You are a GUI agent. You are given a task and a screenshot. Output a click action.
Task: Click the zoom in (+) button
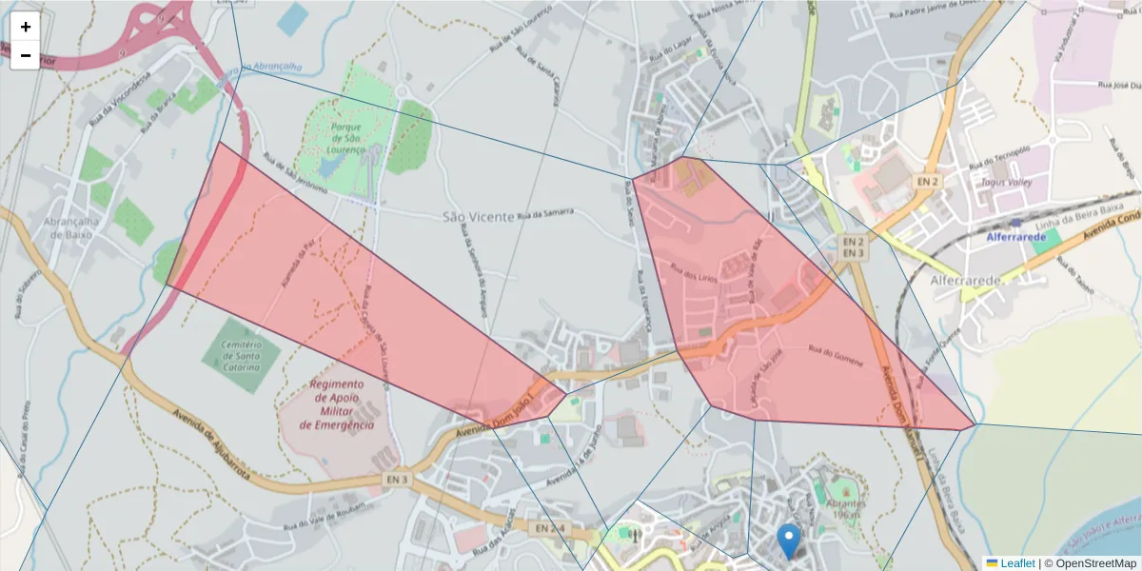coord(26,27)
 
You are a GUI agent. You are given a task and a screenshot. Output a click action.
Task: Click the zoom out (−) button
coord(26,55)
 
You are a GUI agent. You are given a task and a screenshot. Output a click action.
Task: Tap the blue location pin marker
coord(789,541)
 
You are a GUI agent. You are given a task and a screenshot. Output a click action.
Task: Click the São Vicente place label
coord(478,217)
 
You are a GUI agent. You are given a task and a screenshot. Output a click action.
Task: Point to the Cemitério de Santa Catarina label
coord(242,355)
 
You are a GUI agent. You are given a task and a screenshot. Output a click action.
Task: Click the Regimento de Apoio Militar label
coord(337,404)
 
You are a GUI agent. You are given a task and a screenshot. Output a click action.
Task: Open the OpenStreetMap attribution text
coord(1095,563)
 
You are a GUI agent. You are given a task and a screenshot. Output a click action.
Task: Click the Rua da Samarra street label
coord(545,214)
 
